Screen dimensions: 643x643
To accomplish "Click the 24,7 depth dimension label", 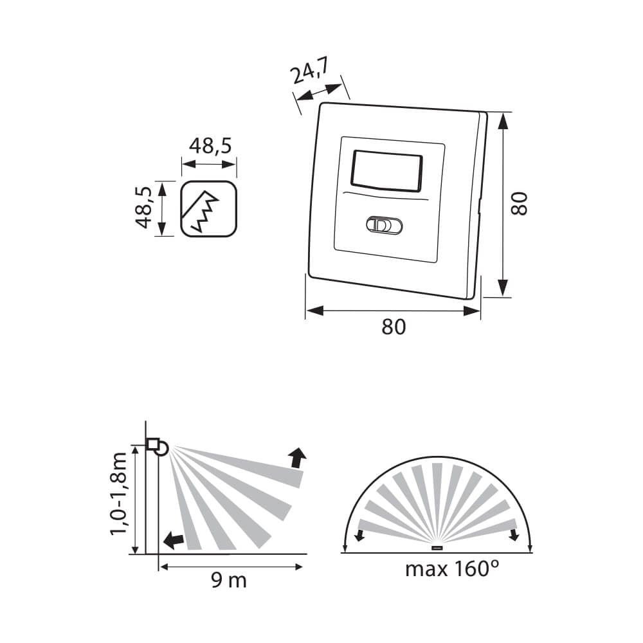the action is pyautogui.click(x=309, y=71).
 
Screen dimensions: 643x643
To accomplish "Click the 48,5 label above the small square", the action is pyautogui.click(x=210, y=146).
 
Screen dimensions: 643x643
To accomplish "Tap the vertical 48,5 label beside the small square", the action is pyautogui.click(x=144, y=208).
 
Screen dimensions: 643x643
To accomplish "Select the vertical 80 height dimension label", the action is pyautogui.click(x=519, y=203).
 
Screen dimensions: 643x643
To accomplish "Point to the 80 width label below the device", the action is pyautogui.click(x=394, y=327).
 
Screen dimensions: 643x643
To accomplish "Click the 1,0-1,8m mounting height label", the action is pyautogui.click(x=118, y=494).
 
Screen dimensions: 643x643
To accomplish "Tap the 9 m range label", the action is pyautogui.click(x=229, y=581).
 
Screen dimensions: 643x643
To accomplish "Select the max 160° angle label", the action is pyautogui.click(x=452, y=569).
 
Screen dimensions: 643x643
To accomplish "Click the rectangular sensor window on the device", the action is pyautogui.click(x=386, y=170).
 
